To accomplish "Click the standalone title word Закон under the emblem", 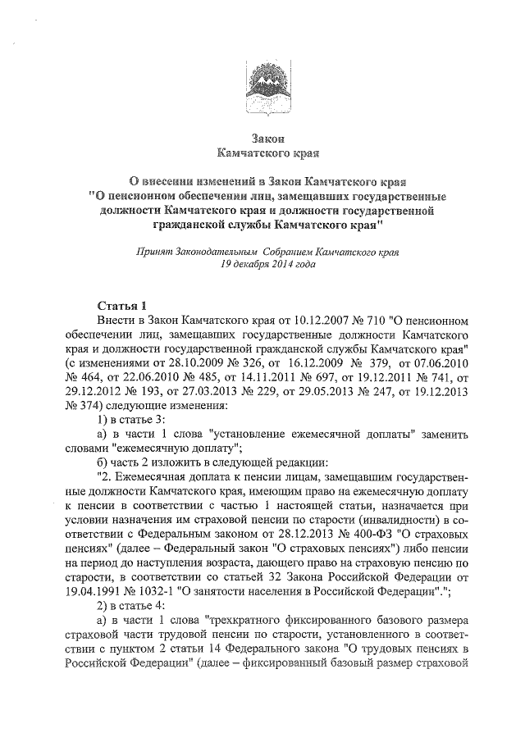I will pos(265,138).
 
